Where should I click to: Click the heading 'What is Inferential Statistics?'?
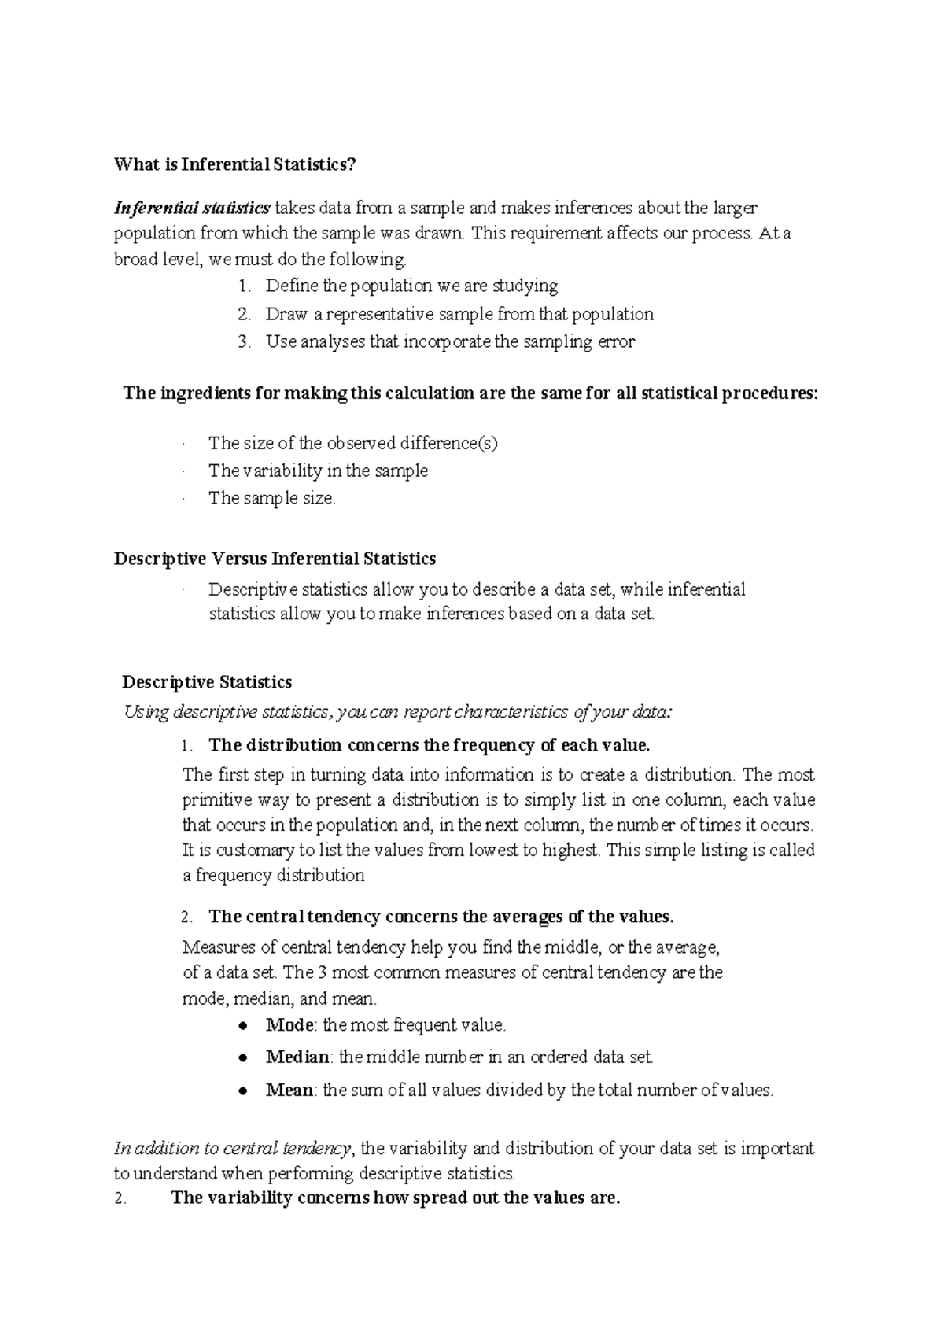234,164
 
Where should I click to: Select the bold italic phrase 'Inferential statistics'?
192,209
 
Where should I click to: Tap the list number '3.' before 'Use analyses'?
245,341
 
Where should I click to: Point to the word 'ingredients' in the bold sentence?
205,393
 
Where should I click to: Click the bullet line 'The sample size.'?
271,498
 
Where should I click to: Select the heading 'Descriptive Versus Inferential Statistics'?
275,559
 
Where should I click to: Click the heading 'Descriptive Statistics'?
207,682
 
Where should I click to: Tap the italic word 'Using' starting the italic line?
146,713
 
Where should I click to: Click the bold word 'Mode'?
289,1025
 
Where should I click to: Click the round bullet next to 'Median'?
245,1057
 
